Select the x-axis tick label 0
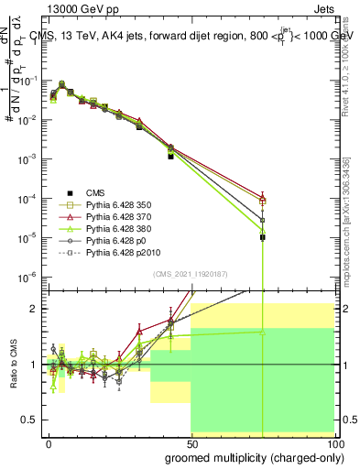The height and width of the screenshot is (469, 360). (x=49, y=442)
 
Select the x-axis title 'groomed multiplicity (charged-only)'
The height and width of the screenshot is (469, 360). (x=249, y=456)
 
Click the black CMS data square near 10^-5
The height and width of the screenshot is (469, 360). (x=262, y=237)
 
